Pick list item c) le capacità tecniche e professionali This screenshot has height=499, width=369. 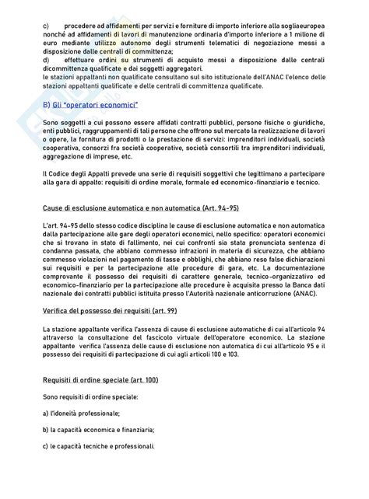pyautogui.click(x=99, y=446)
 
